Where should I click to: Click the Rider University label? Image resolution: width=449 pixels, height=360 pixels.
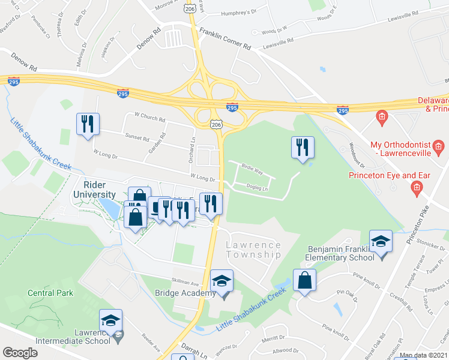tap(94, 190)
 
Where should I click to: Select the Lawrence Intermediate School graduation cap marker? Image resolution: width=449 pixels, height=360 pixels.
tap(110, 321)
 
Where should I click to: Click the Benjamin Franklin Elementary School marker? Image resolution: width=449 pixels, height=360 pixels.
tap(380, 242)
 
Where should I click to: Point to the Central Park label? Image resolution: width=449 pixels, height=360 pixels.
tap(50, 293)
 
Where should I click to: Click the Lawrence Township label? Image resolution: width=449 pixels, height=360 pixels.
tap(253, 250)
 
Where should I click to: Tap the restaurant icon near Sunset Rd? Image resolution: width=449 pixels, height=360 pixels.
tap(88, 124)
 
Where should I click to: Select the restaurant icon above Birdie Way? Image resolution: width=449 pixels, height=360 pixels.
tap(302, 148)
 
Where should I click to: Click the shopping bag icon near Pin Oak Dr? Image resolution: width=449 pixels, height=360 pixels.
tap(304, 281)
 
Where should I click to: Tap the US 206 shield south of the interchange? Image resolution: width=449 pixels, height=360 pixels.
tap(216, 124)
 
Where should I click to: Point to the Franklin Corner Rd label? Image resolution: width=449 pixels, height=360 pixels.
tap(225, 40)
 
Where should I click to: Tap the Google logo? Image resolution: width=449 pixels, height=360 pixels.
tap(20, 352)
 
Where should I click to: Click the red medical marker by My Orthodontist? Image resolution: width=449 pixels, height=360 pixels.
tap(439, 146)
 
